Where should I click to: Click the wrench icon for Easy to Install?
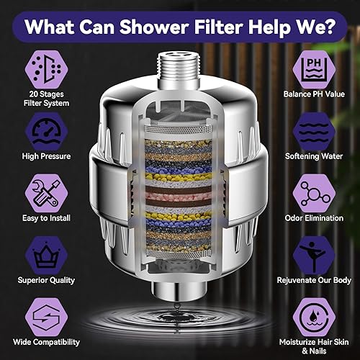point(40,194)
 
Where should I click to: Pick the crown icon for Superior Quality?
point(40,256)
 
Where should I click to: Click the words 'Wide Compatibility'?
point(40,341)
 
